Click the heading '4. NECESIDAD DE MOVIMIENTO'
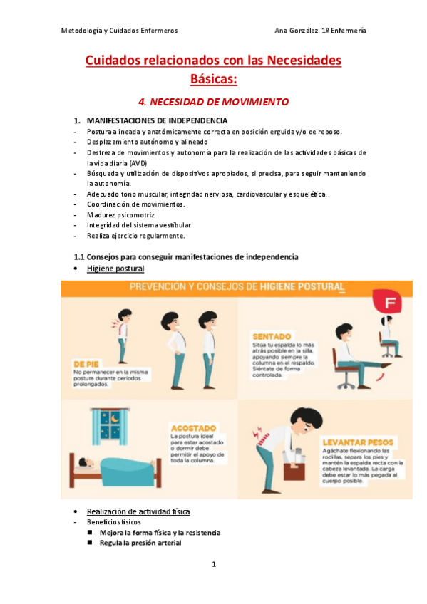213,102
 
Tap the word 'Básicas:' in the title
213,78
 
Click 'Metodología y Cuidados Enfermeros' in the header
119,31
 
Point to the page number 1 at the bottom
213,565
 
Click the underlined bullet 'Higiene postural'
115,269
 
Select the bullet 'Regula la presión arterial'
140,543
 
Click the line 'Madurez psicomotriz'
120,214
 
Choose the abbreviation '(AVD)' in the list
101,163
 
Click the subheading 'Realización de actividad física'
138,511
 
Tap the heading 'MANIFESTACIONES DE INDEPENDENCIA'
157,120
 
